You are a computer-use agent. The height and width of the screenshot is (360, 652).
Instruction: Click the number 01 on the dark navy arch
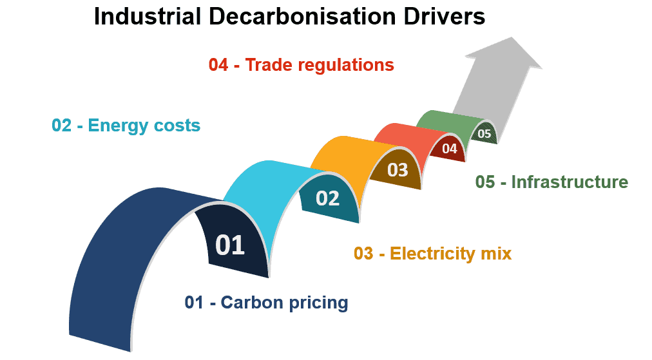[x=230, y=245]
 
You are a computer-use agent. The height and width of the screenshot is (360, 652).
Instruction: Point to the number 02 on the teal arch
[x=327, y=198]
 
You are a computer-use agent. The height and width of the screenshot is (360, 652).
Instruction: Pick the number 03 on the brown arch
[x=398, y=169]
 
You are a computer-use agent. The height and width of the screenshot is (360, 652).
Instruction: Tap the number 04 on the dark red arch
[x=449, y=149]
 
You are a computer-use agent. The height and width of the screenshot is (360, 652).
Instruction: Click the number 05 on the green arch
[x=484, y=134]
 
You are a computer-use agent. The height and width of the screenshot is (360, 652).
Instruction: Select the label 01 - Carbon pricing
[x=266, y=302]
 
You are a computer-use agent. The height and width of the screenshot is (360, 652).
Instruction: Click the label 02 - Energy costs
[x=126, y=125]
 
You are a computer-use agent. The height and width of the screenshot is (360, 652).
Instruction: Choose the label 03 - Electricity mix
[x=432, y=253]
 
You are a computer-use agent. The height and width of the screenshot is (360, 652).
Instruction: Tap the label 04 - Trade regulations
[x=301, y=65]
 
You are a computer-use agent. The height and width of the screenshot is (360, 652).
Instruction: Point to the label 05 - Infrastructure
[x=551, y=182]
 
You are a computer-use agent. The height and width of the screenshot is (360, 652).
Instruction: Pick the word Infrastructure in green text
[x=570, y=182]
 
